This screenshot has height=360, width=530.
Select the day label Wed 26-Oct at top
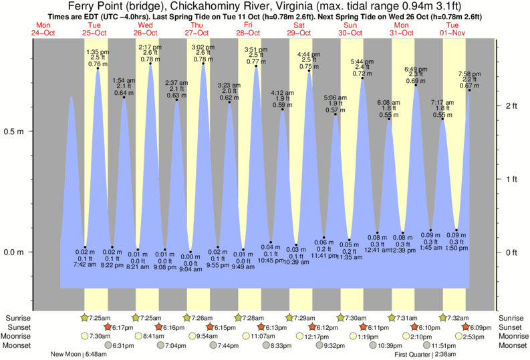pos(145,29)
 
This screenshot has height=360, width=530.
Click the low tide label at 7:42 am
pos(85,258)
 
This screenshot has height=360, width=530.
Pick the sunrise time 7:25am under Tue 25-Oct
pos(98,318)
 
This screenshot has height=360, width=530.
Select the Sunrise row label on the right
pos(513,318)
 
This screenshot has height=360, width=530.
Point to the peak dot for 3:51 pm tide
pos(256,66)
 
